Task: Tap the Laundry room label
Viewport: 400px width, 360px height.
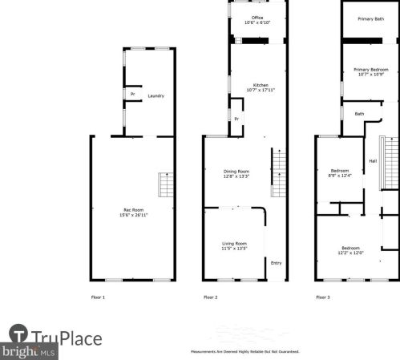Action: click(156, 96)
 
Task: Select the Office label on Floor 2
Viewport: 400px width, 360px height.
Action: click(257, 17)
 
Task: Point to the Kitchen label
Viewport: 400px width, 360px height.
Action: click(261, 85)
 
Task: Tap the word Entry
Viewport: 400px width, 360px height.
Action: click(276, 263)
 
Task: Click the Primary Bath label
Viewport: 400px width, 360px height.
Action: click(370, 18)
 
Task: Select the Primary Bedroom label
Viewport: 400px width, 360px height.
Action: click(371, 70)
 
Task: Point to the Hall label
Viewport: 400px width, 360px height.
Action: click(373, 161)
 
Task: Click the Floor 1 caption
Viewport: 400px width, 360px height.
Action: click(98, 297)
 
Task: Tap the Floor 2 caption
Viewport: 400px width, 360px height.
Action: click(210, 297)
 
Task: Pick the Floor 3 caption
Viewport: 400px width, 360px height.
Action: click(322, 297)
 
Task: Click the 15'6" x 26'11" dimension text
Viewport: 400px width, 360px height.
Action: click(134, 215)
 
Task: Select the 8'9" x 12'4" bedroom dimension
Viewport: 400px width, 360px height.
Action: click(341, 176)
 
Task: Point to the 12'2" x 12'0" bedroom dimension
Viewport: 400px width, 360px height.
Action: click(350, 253)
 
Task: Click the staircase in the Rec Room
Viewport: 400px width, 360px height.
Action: click(164, 185)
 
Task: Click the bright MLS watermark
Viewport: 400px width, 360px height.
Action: click(28, 351)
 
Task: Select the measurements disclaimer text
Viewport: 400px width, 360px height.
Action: click(244, 352)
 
